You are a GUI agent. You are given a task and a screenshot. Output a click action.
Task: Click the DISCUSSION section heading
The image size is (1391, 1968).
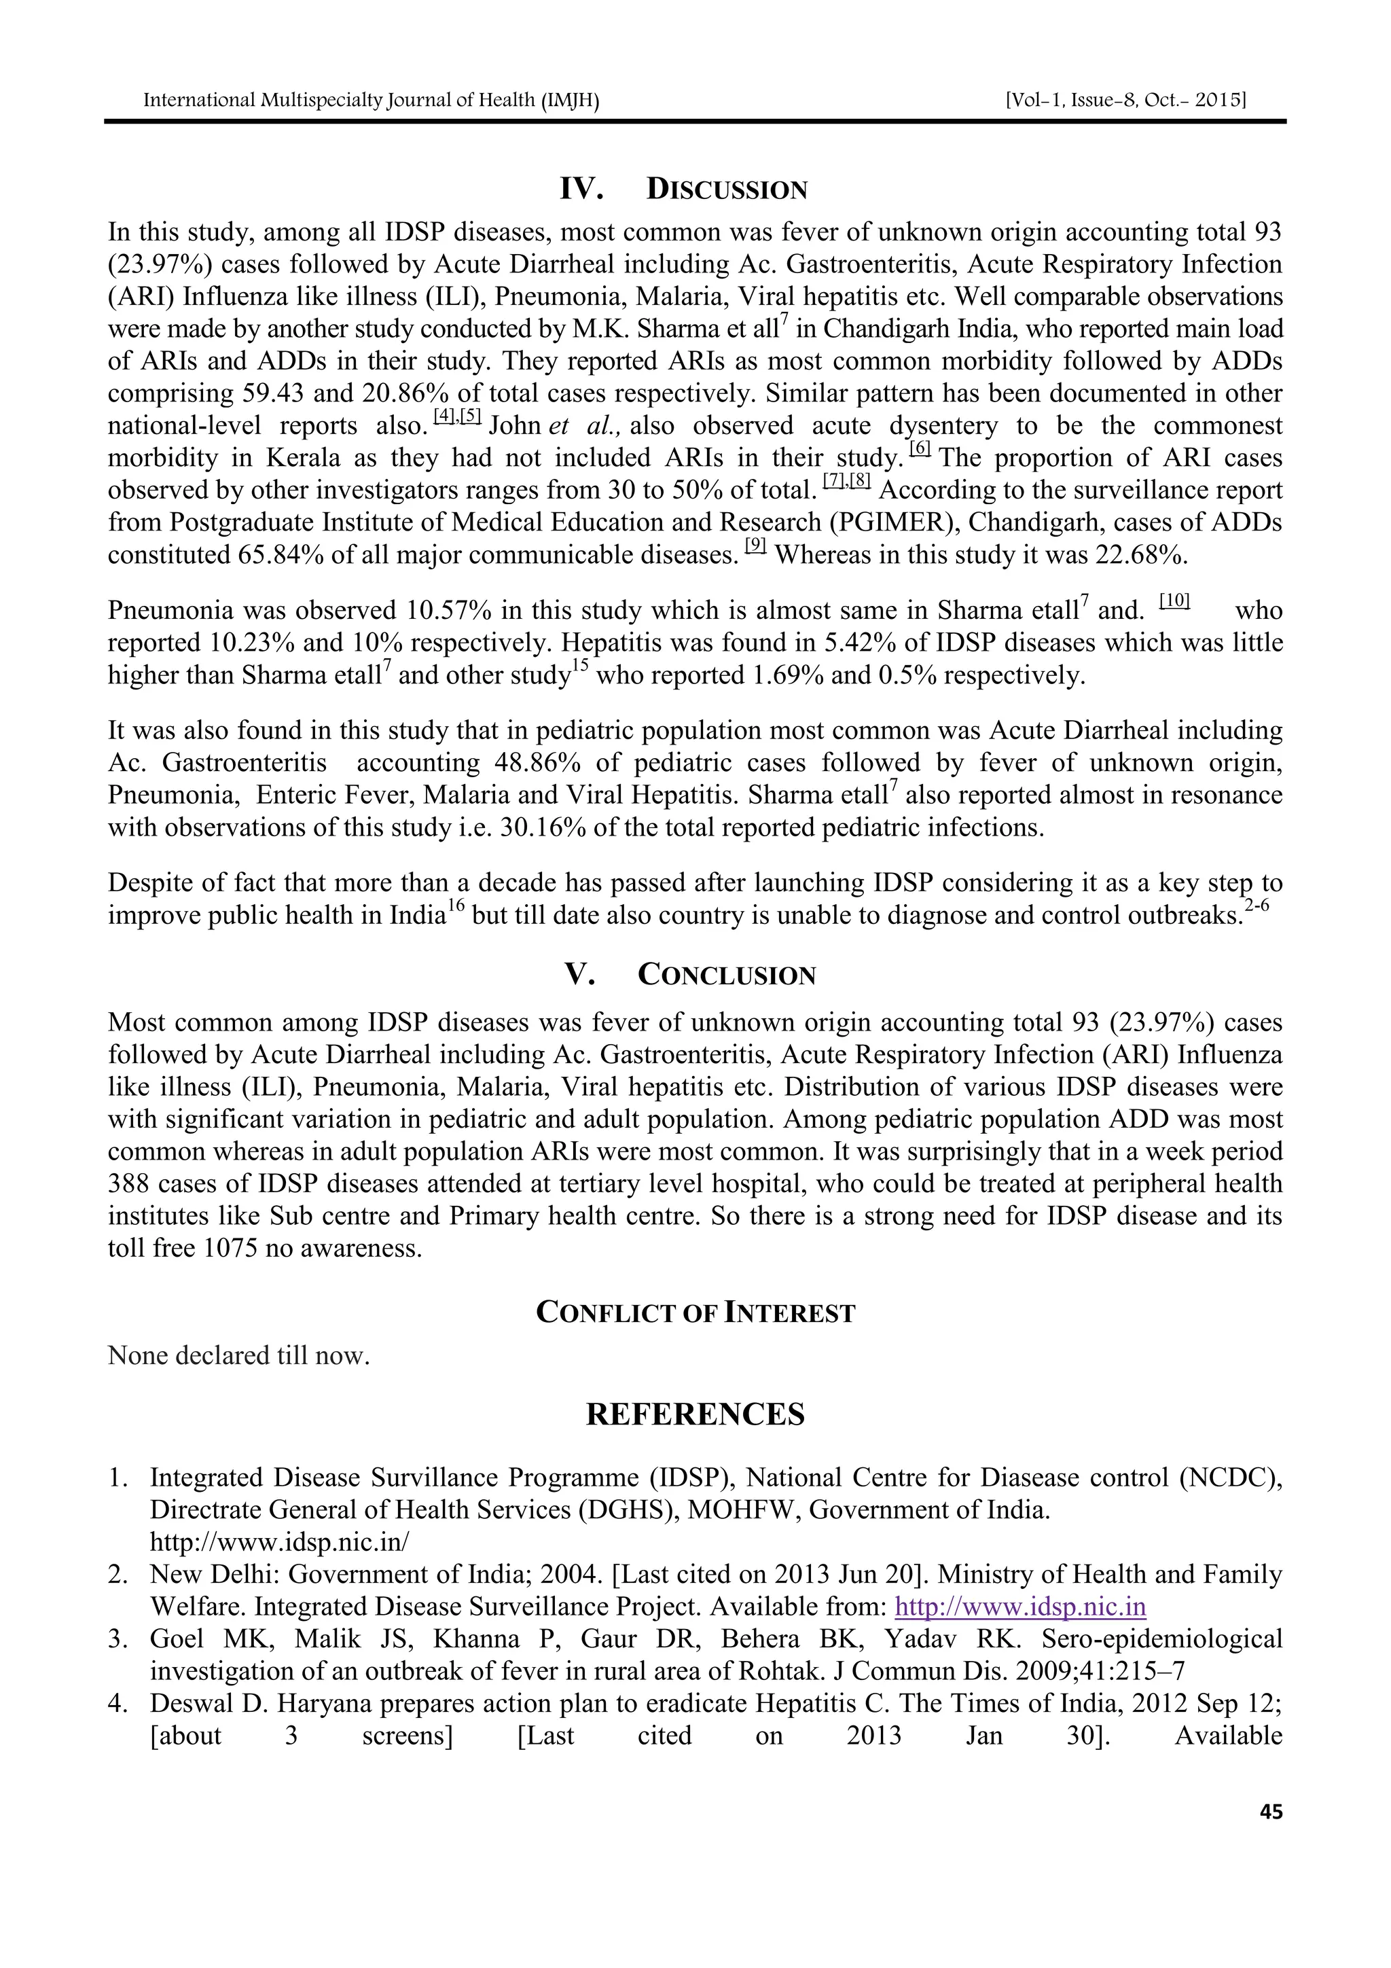[726, 190]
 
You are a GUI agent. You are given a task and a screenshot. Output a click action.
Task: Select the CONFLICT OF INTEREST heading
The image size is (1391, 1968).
[695, 1313]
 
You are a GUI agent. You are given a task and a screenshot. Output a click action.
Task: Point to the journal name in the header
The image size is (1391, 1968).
[370, 101]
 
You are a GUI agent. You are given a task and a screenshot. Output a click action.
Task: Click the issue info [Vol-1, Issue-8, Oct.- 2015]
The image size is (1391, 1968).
[1125, 101]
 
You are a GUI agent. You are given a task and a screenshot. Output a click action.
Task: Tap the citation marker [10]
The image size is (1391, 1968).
[1174, 602]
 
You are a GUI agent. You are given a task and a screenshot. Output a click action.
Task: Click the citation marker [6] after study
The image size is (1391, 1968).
[920, 448]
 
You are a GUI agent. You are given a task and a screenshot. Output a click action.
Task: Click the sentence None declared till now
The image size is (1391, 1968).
[238, 1356]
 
